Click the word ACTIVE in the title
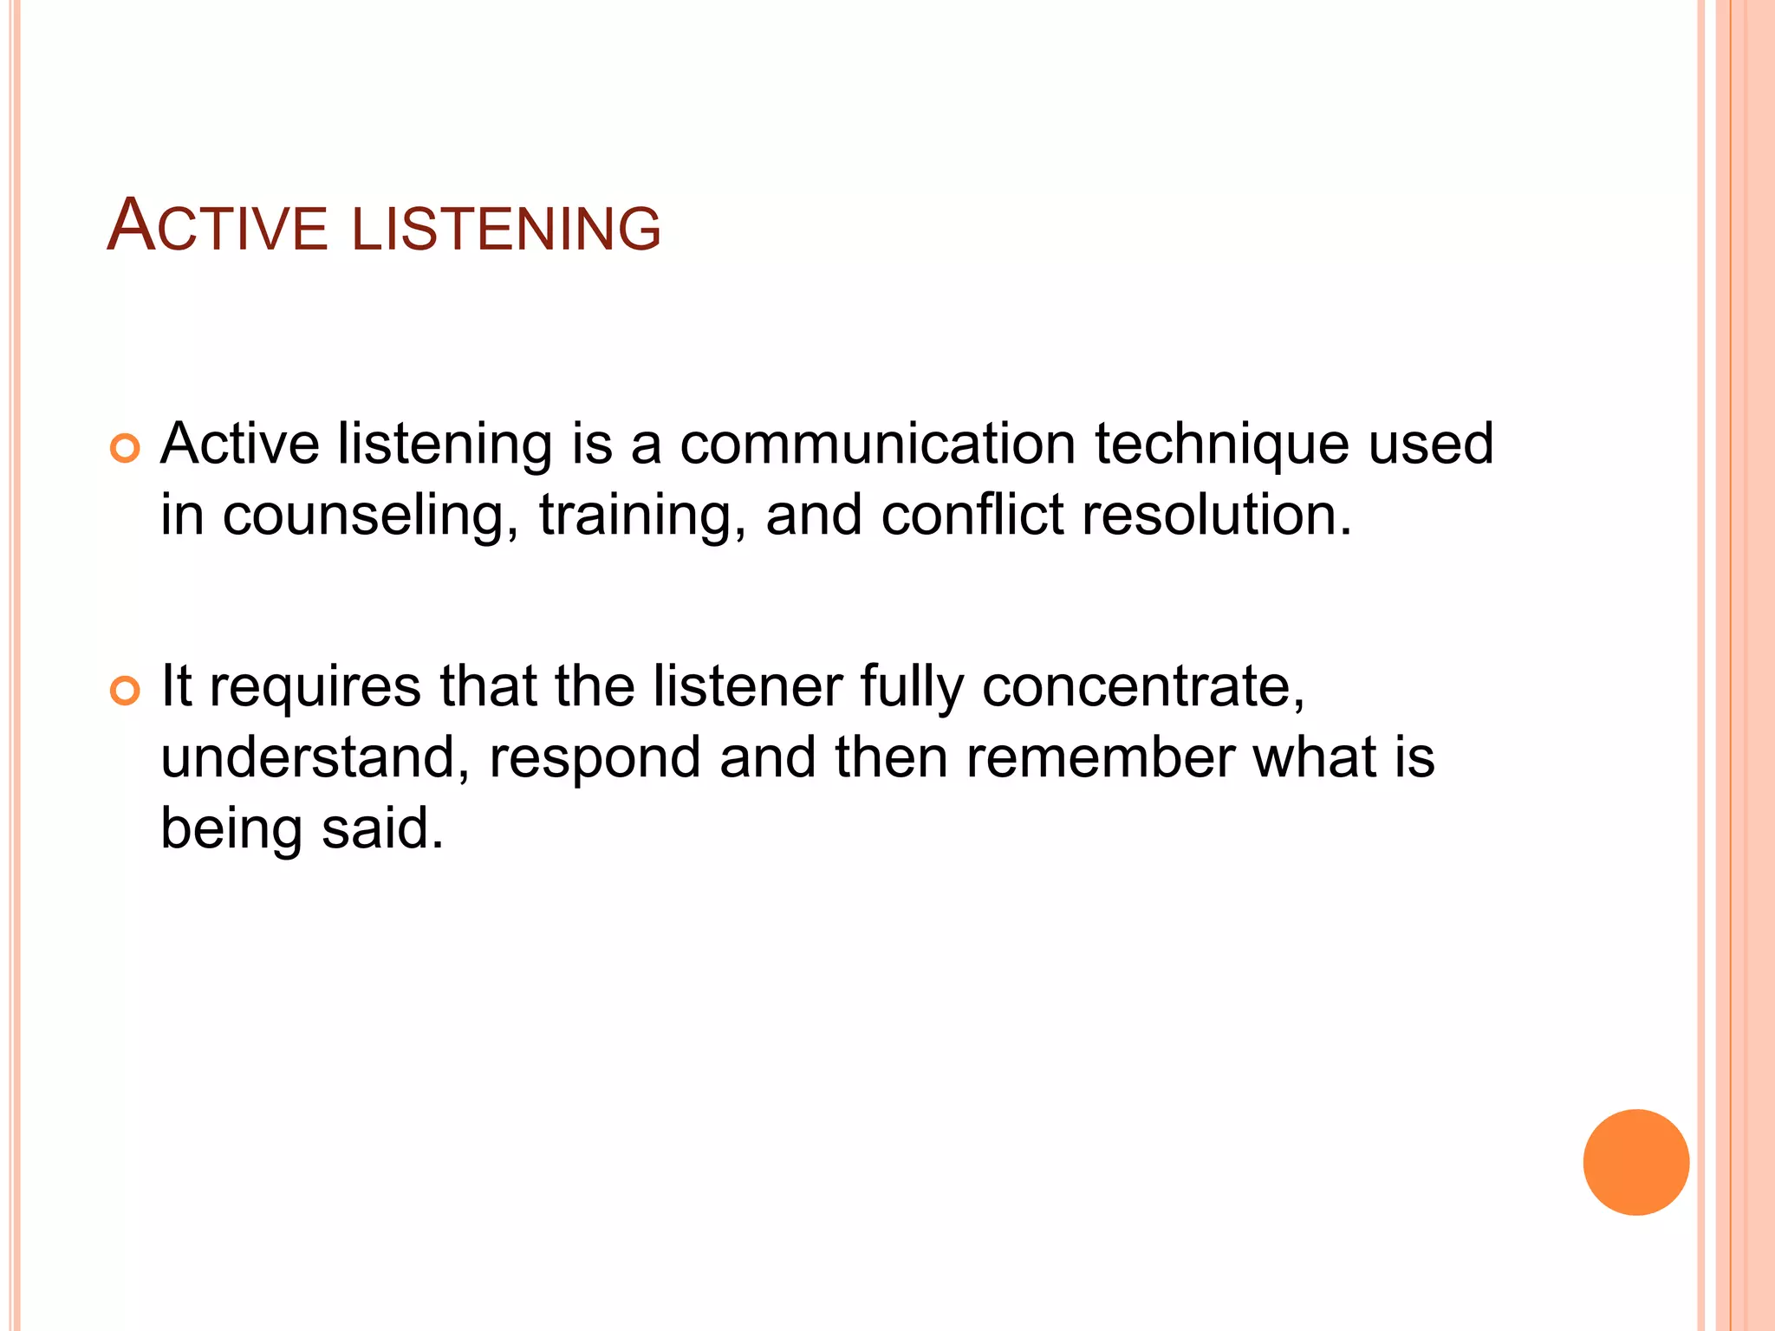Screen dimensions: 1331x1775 pos(217,227)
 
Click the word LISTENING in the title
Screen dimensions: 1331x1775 pos(506,229)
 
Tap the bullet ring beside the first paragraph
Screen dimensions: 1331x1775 pos(126,448)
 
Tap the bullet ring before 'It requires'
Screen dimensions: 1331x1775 pos(126,691)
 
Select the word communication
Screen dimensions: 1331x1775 pos(877,445)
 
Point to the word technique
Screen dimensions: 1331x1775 pos(1222,445)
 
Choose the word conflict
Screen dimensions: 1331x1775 pos(972,516)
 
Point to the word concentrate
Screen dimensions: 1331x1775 pos(1143,687)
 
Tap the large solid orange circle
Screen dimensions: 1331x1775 pos(1635,1162)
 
